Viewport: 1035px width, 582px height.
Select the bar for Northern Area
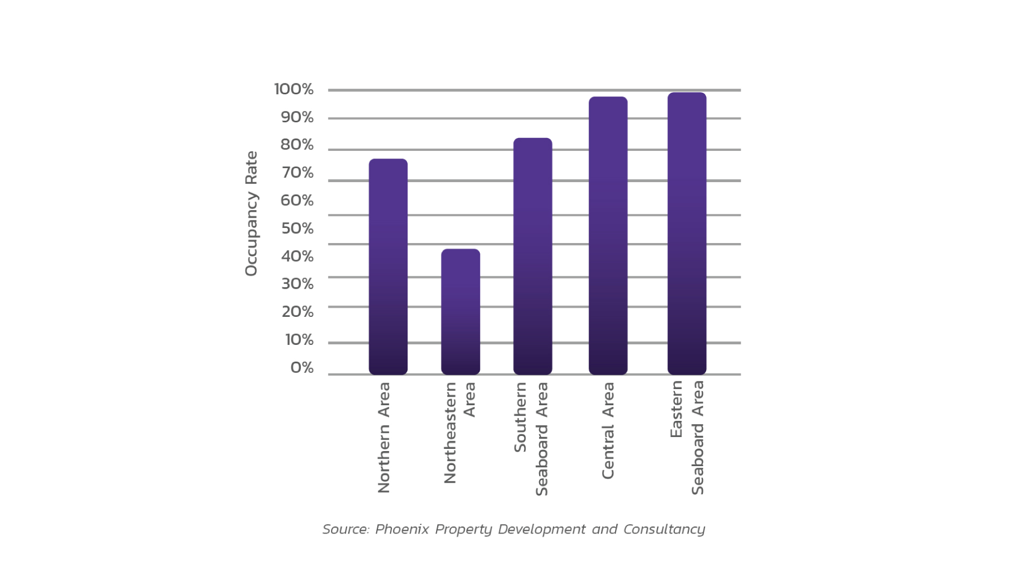tap(388, 267)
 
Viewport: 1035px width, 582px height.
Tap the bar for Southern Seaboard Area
tap(533, 256)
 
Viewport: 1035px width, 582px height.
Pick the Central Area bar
tap(608, 235)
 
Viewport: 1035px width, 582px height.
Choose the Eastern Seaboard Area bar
tap(687, 233)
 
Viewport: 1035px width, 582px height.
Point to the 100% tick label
tap(294, 89)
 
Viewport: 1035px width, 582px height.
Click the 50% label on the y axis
tap(297, 228)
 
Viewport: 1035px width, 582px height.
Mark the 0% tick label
tap(302, 368)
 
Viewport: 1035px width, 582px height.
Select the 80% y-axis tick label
tap(296, 145)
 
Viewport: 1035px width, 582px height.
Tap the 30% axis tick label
tap(297, 284)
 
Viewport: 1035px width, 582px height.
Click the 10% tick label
tap(299, 340)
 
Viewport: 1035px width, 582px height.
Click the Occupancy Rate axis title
tap(251, 214)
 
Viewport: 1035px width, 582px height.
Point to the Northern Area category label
tap(383, 438)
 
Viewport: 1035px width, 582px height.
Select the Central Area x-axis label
tap(608, 431)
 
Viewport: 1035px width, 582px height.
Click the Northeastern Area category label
tap(459, 433)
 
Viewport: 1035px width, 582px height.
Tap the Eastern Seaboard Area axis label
tap(687, 438)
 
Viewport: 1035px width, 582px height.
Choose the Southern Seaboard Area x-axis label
tap(531, 439)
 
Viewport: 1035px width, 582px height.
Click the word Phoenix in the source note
tap(402, 529)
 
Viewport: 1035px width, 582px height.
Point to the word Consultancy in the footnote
tap(664, 529)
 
